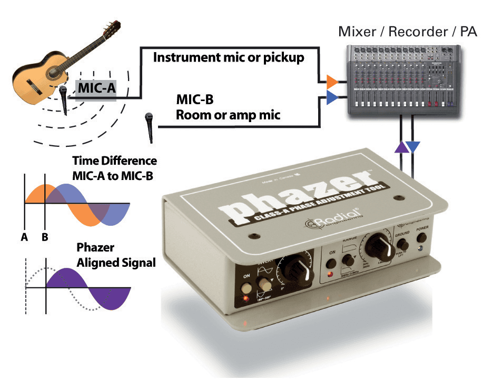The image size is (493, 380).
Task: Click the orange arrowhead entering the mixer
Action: pos(331,82)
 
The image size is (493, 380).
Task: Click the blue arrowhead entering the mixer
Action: pos(331,96)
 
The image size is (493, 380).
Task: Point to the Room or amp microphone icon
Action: pos(150,126)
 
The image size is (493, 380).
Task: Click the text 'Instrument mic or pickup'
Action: pos(228,57)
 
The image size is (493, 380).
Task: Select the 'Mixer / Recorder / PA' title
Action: pos(407,32)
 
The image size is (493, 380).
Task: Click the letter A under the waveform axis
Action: pos(24,237)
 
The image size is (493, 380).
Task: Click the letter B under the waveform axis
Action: pos(45,237)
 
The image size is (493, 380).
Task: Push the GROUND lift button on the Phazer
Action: pos(402,245)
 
